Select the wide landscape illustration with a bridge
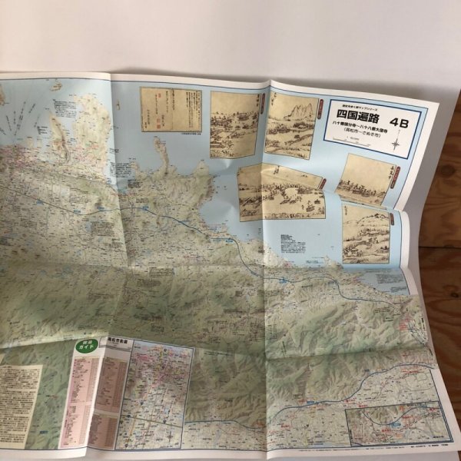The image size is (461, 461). click(280, 191)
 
